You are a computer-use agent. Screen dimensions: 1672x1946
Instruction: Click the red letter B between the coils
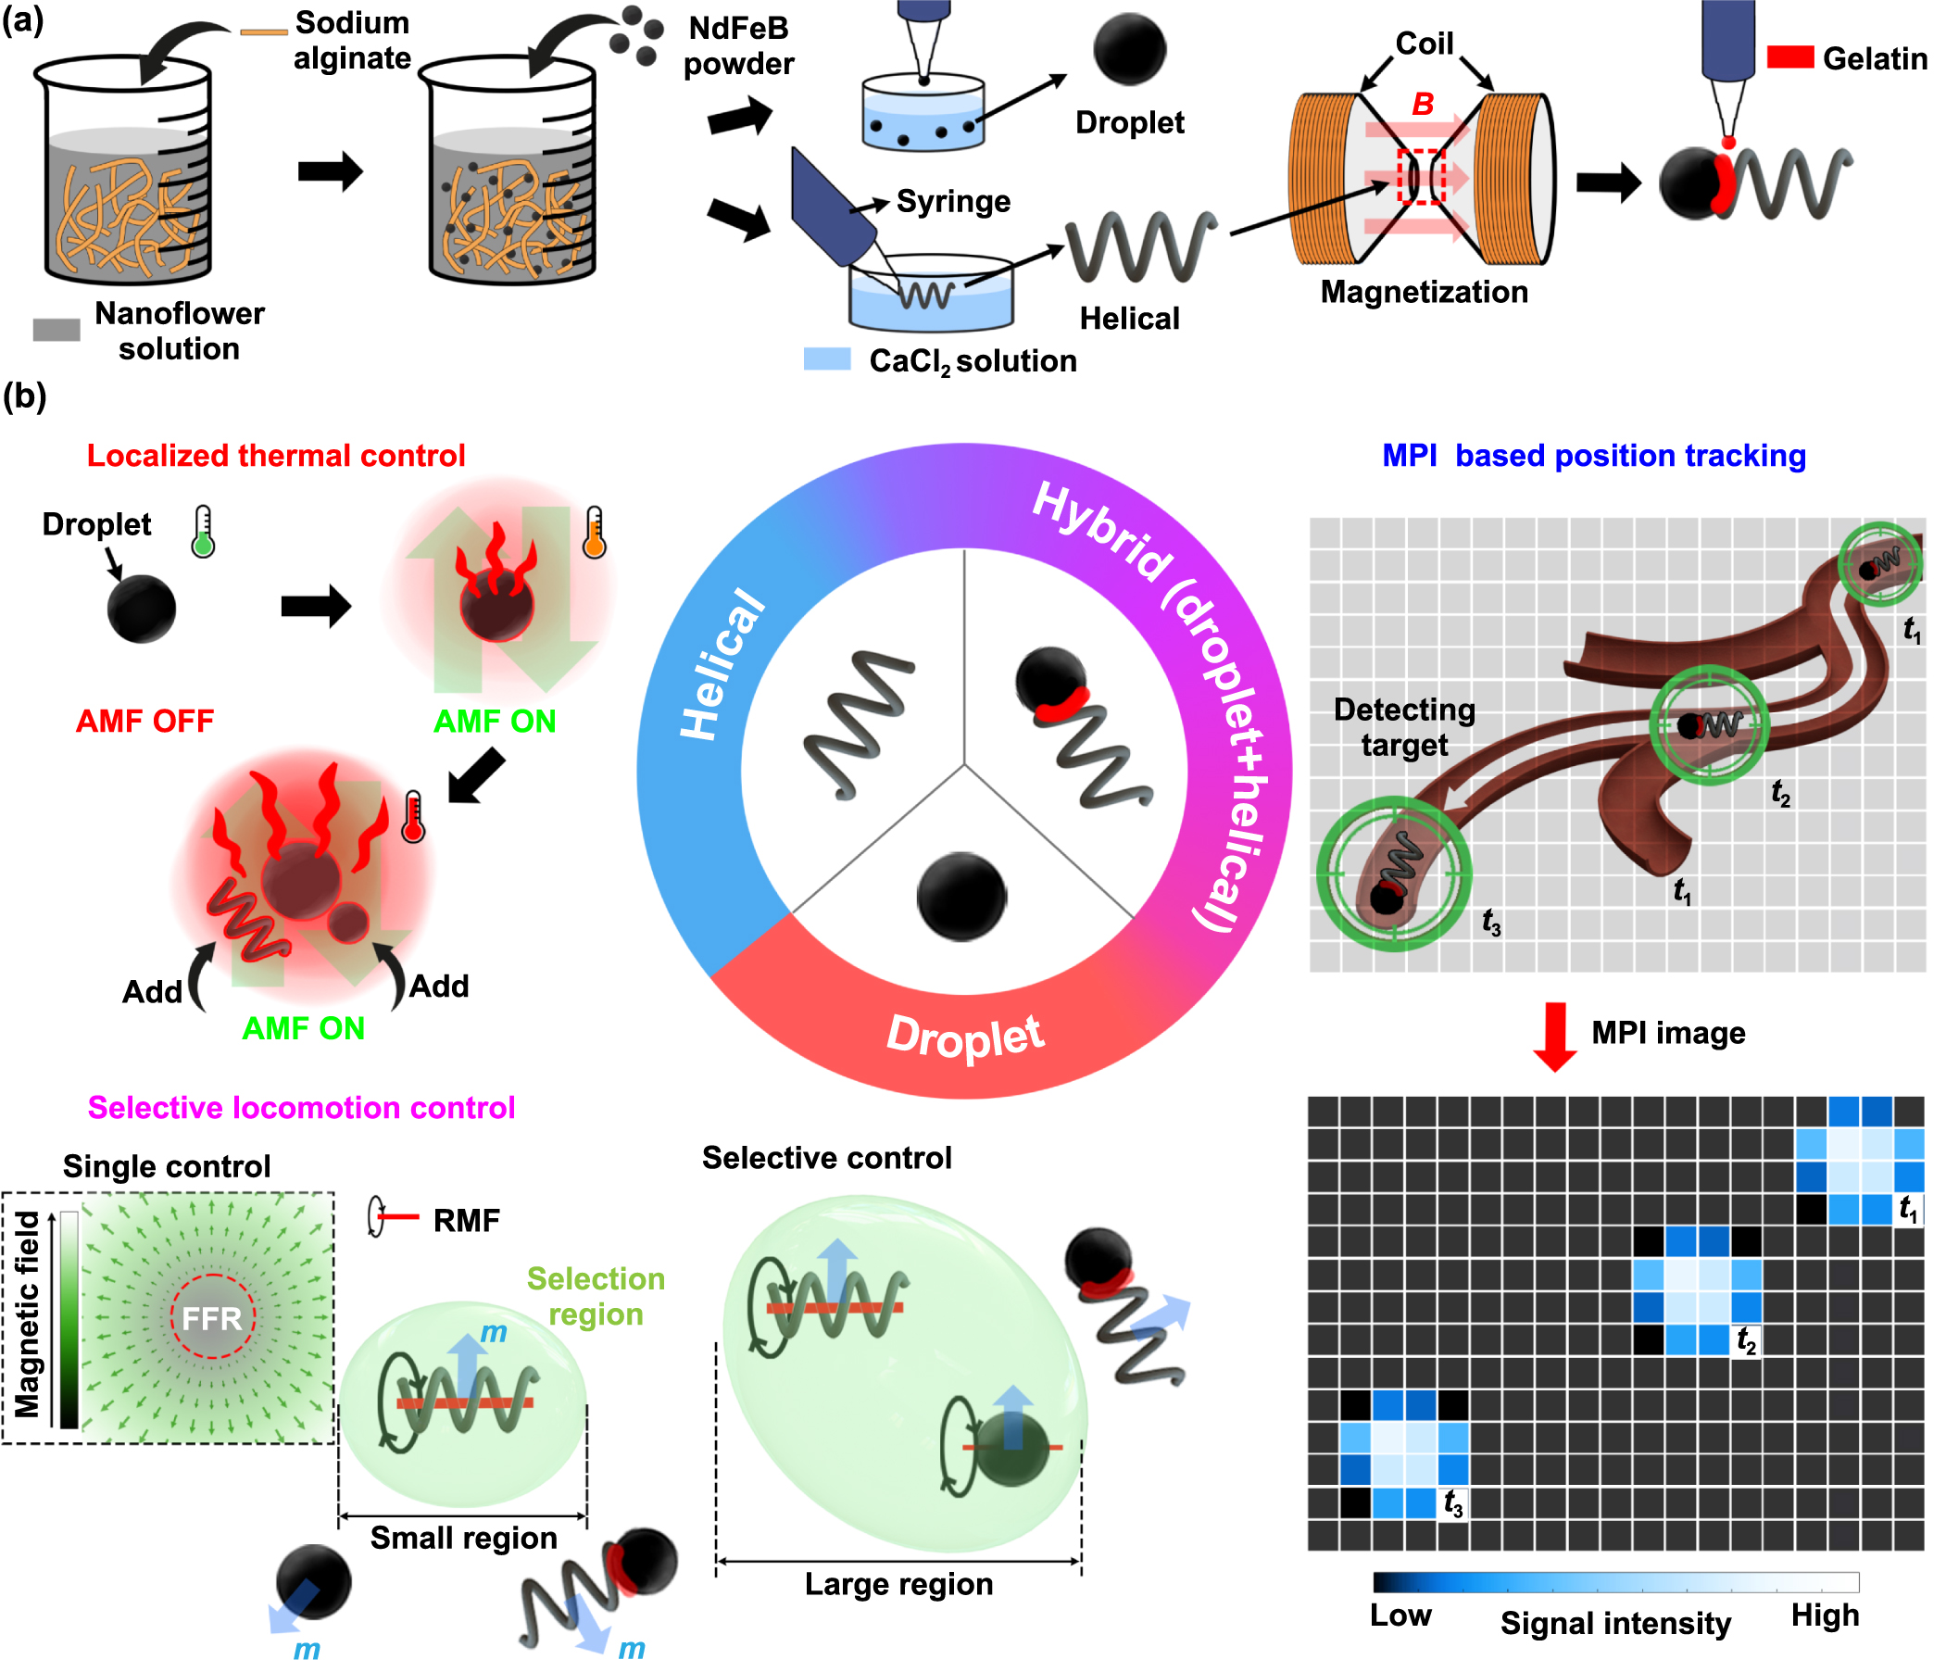[x=1422, y=104]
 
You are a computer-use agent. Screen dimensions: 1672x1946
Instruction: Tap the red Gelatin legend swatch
[x=1789, y=57]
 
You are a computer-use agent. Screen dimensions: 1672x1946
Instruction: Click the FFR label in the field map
[x=211, y=1319]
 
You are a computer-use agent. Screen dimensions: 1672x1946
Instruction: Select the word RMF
[x=466, y=1221]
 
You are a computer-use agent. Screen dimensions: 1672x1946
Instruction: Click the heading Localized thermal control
[x=275, y=456]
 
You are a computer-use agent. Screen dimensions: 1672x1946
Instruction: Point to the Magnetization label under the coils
[x=1424, y=292]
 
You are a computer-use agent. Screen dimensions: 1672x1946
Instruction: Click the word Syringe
[x=952, y=201]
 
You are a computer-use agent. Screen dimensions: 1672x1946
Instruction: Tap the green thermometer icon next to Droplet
[x=203, y=533]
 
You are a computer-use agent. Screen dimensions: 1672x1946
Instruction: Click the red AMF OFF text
[x=144, y=722]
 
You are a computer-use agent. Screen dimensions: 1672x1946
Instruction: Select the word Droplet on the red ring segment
[x=964, y=1037]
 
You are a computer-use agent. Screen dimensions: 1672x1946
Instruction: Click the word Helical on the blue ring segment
[x=722, y=663]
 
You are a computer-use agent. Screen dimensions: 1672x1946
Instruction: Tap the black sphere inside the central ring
[x=960, y=897]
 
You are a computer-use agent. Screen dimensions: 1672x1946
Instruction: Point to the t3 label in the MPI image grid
[x=1452, y=1503]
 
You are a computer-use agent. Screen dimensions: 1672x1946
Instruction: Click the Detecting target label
[x=1404, y=727]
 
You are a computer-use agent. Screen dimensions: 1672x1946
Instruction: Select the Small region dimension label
[x=463, y=1539]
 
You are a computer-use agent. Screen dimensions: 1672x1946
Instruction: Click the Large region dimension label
[x=898, y=1585]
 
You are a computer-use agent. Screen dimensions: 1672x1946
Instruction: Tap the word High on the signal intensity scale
[x=1824, y=1615]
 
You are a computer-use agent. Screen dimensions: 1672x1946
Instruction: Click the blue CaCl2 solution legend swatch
[x=826, y=359]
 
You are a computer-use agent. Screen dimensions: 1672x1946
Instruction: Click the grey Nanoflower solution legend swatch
[x=56, y=330]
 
